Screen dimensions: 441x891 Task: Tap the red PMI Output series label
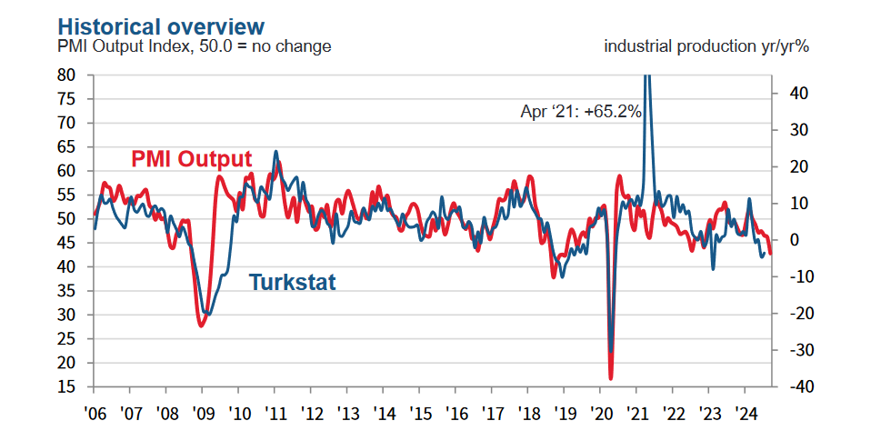191,159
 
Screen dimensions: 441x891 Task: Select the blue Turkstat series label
293,283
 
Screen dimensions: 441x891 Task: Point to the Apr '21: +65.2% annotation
581,112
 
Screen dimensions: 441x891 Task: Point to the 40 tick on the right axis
787,94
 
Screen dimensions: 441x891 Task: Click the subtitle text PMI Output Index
118,46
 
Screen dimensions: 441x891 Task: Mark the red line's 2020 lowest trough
611,378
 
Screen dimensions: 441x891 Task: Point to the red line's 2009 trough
201,325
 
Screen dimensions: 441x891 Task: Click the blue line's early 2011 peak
275,152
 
